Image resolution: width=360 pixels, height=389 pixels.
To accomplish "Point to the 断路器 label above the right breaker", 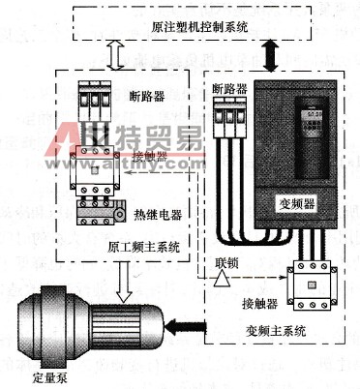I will [229, 88].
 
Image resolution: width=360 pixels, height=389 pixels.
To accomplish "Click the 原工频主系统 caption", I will [145, 246].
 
